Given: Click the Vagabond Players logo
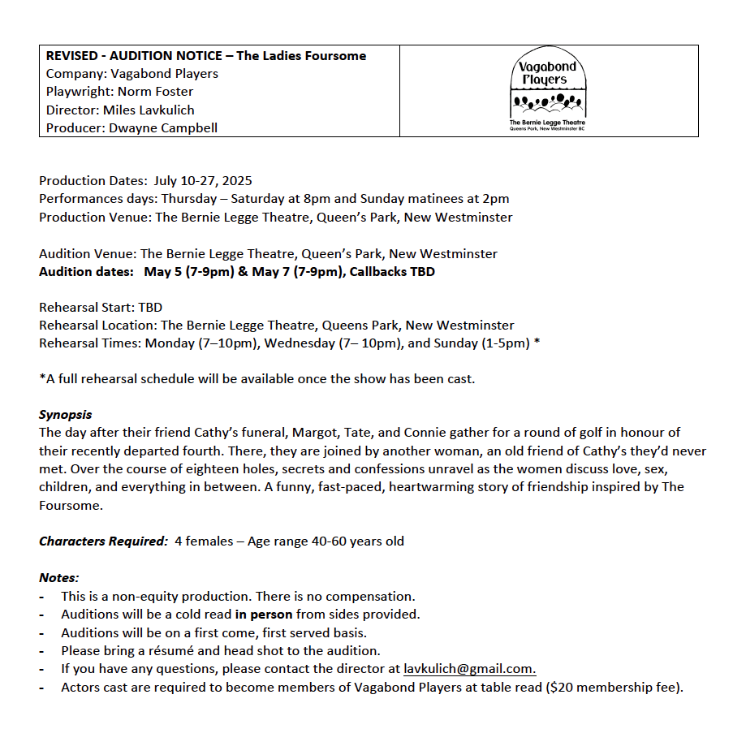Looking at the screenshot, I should [x=550, y=91].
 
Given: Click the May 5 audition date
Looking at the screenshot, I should [x=162, y=271].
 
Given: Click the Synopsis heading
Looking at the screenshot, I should [x=66, y=414].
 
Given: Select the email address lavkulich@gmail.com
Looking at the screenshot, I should [x=469, y=669].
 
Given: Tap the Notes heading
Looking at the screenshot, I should [x=59, y=578].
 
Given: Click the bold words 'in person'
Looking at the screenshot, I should [x=264, y=614].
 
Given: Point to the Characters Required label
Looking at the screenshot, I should [x=103, y=541].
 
